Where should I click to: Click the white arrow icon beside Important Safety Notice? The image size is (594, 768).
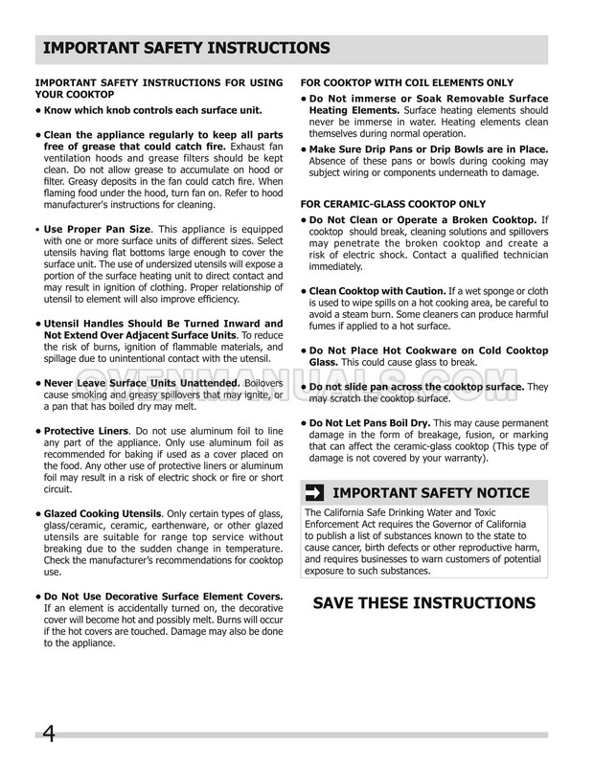[x=312, y=493]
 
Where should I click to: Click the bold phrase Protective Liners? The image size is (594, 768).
[x=85, y=431]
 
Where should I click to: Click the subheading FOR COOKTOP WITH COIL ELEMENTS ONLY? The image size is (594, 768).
[x=394, y=81]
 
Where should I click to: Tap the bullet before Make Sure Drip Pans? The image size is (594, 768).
[x=303, y=149]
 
